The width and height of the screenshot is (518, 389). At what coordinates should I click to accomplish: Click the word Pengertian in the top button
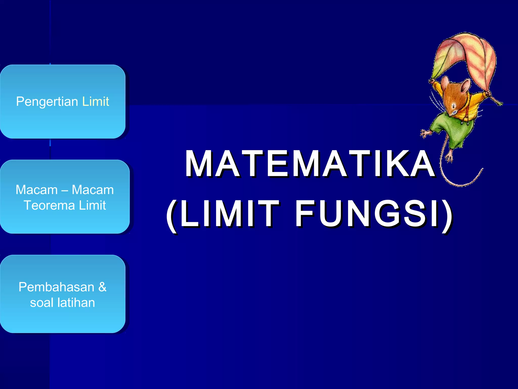47,102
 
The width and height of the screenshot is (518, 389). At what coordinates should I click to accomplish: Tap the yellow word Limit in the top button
96,101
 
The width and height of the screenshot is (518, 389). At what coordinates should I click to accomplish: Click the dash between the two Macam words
64,190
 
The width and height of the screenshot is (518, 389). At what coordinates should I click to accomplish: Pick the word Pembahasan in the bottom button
56,287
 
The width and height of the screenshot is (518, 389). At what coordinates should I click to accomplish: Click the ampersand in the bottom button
102,287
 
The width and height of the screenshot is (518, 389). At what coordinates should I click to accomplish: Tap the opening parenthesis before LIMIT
172,215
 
